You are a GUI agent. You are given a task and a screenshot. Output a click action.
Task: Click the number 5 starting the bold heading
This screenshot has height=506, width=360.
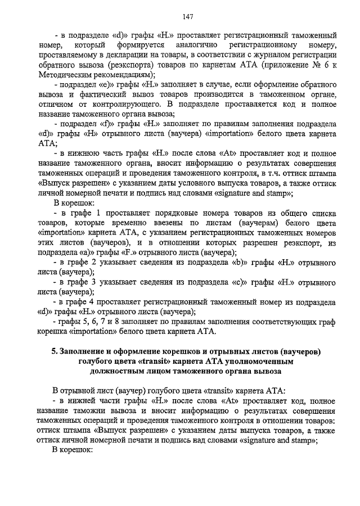pyautogui.click(x=53, y=352)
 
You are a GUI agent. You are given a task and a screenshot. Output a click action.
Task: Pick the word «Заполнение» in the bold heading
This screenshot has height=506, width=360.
pyautogui.click(x=84, y=352)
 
